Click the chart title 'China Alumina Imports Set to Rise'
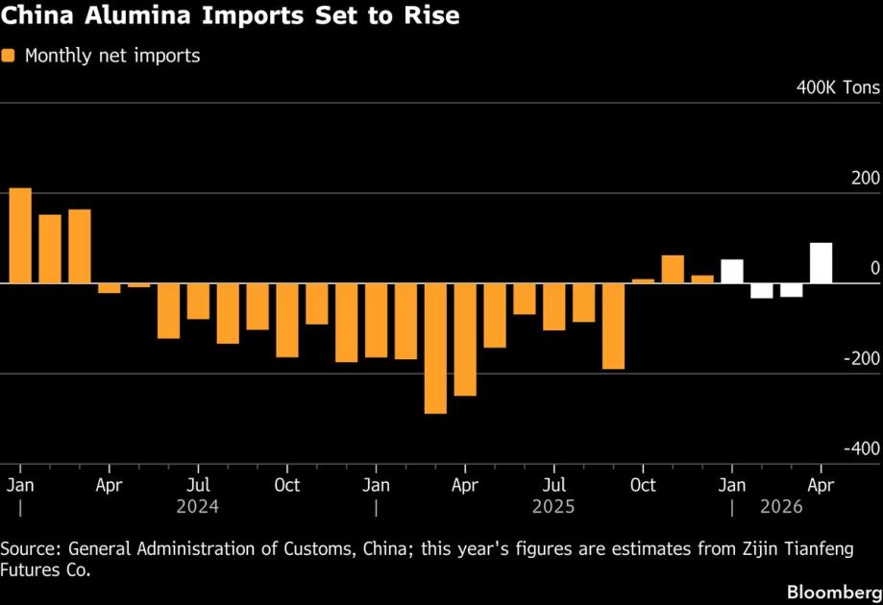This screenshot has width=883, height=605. [230, 16]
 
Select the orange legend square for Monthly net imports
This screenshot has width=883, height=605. [9, 56]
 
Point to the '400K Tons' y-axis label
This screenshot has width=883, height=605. [837, 88]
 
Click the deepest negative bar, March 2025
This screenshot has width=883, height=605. [435, 349]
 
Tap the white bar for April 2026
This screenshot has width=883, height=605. [821, 263]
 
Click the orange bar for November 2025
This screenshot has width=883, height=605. [673, 270]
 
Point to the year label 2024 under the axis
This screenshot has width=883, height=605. [197, 506]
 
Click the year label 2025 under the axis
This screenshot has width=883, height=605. [554, 506]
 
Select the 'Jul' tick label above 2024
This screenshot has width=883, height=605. [198, 485]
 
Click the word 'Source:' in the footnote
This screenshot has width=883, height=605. [32, 548]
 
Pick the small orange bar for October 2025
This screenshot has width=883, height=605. [643, 281]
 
